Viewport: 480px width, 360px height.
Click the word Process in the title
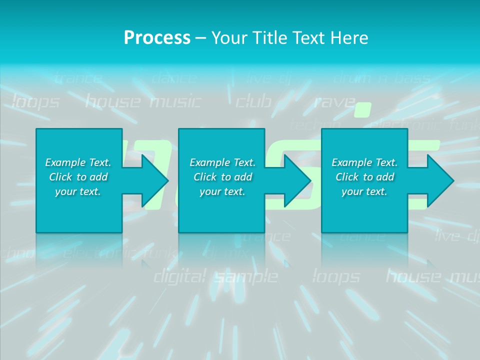pyautogui.click(x=157, y=37)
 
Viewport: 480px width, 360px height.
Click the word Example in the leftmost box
pyautogui.click(x=65, y=162)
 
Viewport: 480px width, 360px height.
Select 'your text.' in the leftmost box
pyautogui.click(x=78, y=191)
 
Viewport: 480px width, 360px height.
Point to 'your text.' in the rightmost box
pyautogui.click(x=364, y=191)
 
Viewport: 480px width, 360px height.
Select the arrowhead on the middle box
pyautogui.click(x=297, y=180)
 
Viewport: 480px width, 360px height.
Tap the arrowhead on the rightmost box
pyautogui.click(x=440, y=180)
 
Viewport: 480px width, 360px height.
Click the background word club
pyautogui.click(x=253, y=102)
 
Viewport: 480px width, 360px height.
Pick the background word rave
pyautogui.click(x=333, y=102)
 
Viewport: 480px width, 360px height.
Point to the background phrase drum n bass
pyautogui.click(x=381, y=78)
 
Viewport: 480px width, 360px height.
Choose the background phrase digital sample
pyautogui.click(x=215, y=276)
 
